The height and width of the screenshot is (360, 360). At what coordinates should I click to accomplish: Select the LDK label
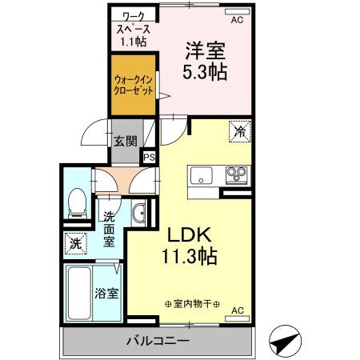coord(188,237)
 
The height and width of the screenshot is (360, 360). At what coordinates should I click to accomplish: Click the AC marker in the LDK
coord(237,310)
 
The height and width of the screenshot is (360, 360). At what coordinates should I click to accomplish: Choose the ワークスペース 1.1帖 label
coord(129,26)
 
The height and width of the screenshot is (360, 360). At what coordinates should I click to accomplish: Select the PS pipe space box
coord(148,158)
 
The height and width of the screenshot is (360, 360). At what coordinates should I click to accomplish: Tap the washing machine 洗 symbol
coord(74,243)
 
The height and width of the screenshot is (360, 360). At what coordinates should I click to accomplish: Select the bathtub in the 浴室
coord(82,293)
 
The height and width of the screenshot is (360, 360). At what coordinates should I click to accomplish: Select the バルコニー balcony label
coord(157,342)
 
